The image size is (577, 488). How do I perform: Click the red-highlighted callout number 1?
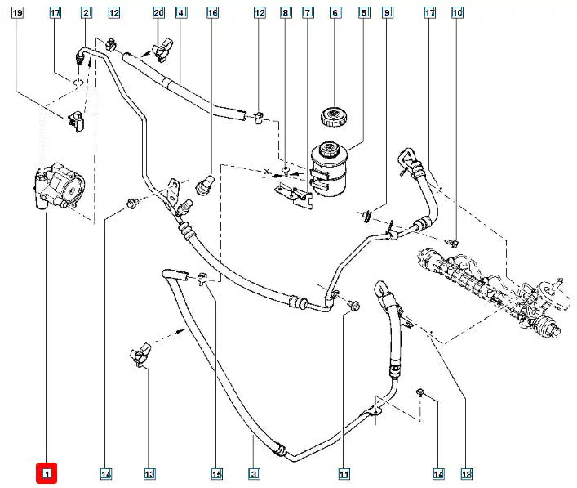(47, 473)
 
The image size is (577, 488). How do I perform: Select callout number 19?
(18, 12)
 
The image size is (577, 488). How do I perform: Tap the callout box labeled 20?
(158, 12)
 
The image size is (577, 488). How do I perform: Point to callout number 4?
(180, 12)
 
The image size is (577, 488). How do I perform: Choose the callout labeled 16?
(212, 12)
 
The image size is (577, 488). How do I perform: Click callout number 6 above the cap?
(335, 12)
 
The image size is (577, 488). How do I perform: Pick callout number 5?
(364, 12)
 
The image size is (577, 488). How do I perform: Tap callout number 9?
(387, 12)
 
